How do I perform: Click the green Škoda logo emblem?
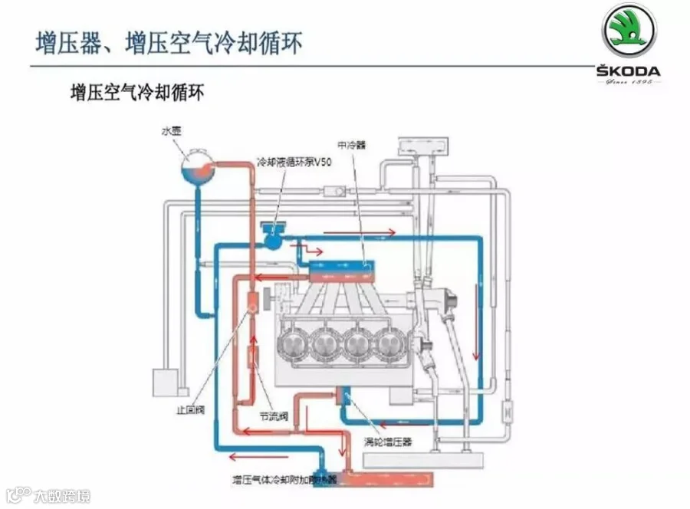point(629,30)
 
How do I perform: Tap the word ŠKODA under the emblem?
point(629,71)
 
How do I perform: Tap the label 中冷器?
point(350,143)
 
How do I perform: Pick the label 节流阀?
point(274,417)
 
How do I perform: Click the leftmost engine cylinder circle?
point(296,346)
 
